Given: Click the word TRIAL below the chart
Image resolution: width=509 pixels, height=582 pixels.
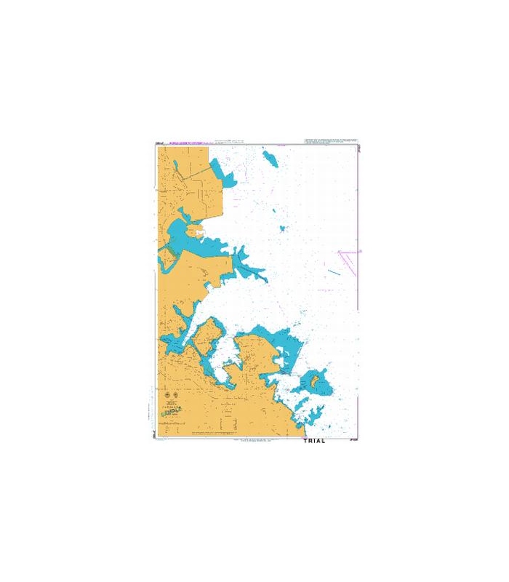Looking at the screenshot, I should pos(312,441).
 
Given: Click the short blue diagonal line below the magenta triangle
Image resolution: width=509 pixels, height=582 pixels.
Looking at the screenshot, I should pos(333,273).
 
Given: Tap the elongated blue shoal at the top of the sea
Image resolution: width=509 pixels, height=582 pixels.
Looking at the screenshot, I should pos(270,158).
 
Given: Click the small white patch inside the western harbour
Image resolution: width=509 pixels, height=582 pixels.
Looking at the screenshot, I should pos(197,234).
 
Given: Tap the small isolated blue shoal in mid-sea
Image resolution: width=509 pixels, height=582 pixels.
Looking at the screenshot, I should pos(283,228).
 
